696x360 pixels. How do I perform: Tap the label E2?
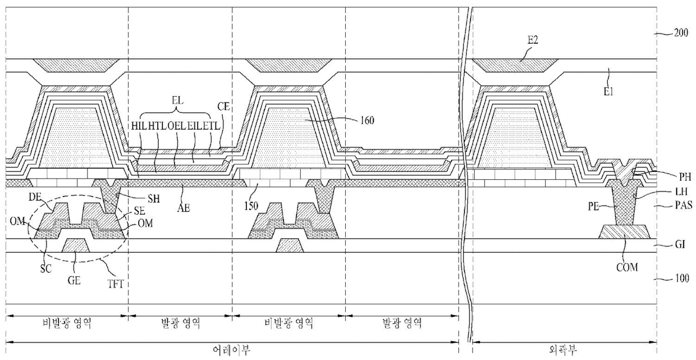(x=533, y=40)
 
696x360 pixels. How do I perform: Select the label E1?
(x=608, y=92)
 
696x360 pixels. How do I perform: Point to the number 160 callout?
(x=367, y=120)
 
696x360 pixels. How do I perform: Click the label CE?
(x=223, y=107)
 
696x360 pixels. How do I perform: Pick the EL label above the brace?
(x=177, y=101)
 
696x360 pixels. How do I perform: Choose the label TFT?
(x=116, y=284)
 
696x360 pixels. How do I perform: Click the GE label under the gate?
(x=74, y=281)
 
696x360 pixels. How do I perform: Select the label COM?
(x=627, y=267)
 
